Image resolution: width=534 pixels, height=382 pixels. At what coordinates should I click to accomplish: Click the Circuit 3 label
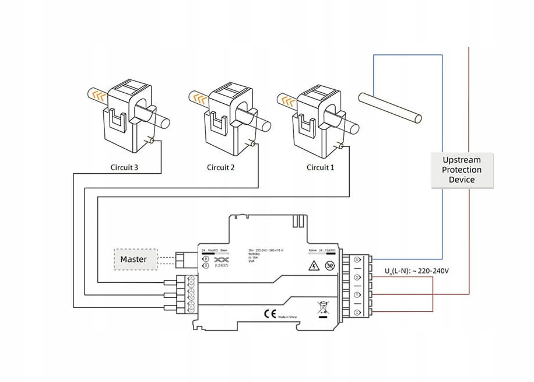(x=124, y=167)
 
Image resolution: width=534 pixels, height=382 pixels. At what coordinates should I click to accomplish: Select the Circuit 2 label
(x=221, y=167)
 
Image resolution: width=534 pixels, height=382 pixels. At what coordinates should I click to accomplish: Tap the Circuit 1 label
(x=321, y=167)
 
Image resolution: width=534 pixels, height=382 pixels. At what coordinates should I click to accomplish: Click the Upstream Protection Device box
(x=462, y=170)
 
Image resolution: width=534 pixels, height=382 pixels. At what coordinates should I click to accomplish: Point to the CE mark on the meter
(x=270, y=313)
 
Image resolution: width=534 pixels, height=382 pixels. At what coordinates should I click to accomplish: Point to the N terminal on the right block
(x=357, y=259)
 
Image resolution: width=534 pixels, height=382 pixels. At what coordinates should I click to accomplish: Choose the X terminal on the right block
(x=357, y=278)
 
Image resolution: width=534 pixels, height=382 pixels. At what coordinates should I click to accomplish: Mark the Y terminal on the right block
(x=357, y=296)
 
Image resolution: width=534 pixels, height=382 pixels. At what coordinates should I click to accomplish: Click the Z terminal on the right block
(x=357, y=314)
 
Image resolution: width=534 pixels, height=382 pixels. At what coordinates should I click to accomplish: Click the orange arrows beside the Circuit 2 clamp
(x=200, y=97)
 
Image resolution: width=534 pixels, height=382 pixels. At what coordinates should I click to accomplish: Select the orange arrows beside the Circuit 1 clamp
(x=287, y=100)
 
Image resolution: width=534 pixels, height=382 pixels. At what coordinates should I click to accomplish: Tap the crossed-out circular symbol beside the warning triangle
(x=329, y=267)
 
